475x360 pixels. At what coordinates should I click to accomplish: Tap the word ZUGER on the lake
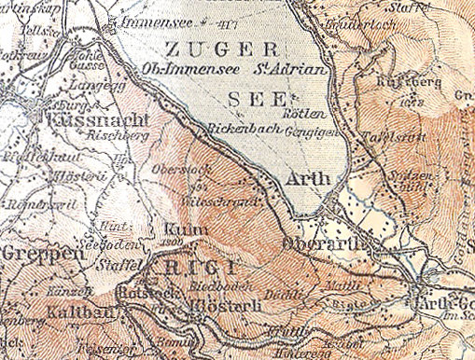[x=220, y=48]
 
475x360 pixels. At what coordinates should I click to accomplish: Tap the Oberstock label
[x=172, y=169]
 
